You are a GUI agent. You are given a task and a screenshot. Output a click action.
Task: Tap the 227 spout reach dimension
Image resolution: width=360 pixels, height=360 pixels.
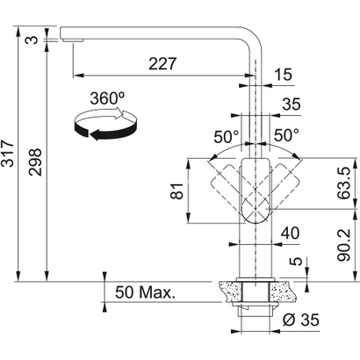161,64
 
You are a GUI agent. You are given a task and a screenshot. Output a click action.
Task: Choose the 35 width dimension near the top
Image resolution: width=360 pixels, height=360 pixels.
291,104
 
